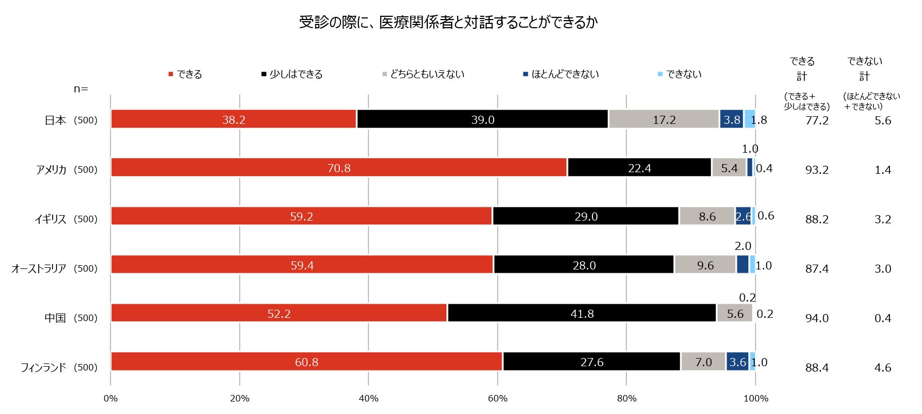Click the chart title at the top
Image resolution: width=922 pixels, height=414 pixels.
(448, 22)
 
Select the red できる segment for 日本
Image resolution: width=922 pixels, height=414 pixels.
(233, 120)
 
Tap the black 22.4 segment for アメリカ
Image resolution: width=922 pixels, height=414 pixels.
(639, 168)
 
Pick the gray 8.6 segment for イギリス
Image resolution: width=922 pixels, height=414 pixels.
(706, 216)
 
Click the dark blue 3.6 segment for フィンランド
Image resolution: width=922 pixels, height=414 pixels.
(737, 362)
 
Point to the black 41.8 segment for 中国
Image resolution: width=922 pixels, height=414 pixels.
(582, 313)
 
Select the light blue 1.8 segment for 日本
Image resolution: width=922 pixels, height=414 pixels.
(749, 120)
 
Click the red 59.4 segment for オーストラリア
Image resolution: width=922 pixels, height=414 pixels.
(302, 265)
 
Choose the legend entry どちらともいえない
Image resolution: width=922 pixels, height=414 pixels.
(427, 74)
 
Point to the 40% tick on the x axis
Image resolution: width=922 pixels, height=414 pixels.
(368, 398)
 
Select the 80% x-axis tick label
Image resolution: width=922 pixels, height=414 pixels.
(626, 398)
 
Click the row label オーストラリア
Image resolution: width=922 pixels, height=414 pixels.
(39, 268)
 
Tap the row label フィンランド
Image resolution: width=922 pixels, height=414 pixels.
(43, 368)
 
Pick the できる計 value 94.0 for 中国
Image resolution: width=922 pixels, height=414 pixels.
(817, 318)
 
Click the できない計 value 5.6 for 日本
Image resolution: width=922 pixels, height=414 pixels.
(882, 121)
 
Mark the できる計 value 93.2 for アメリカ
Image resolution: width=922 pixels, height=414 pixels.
(817, 170)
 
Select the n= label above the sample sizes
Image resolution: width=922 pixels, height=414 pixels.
(81, 89)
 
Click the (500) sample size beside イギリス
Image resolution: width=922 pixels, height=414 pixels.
(85, 219)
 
